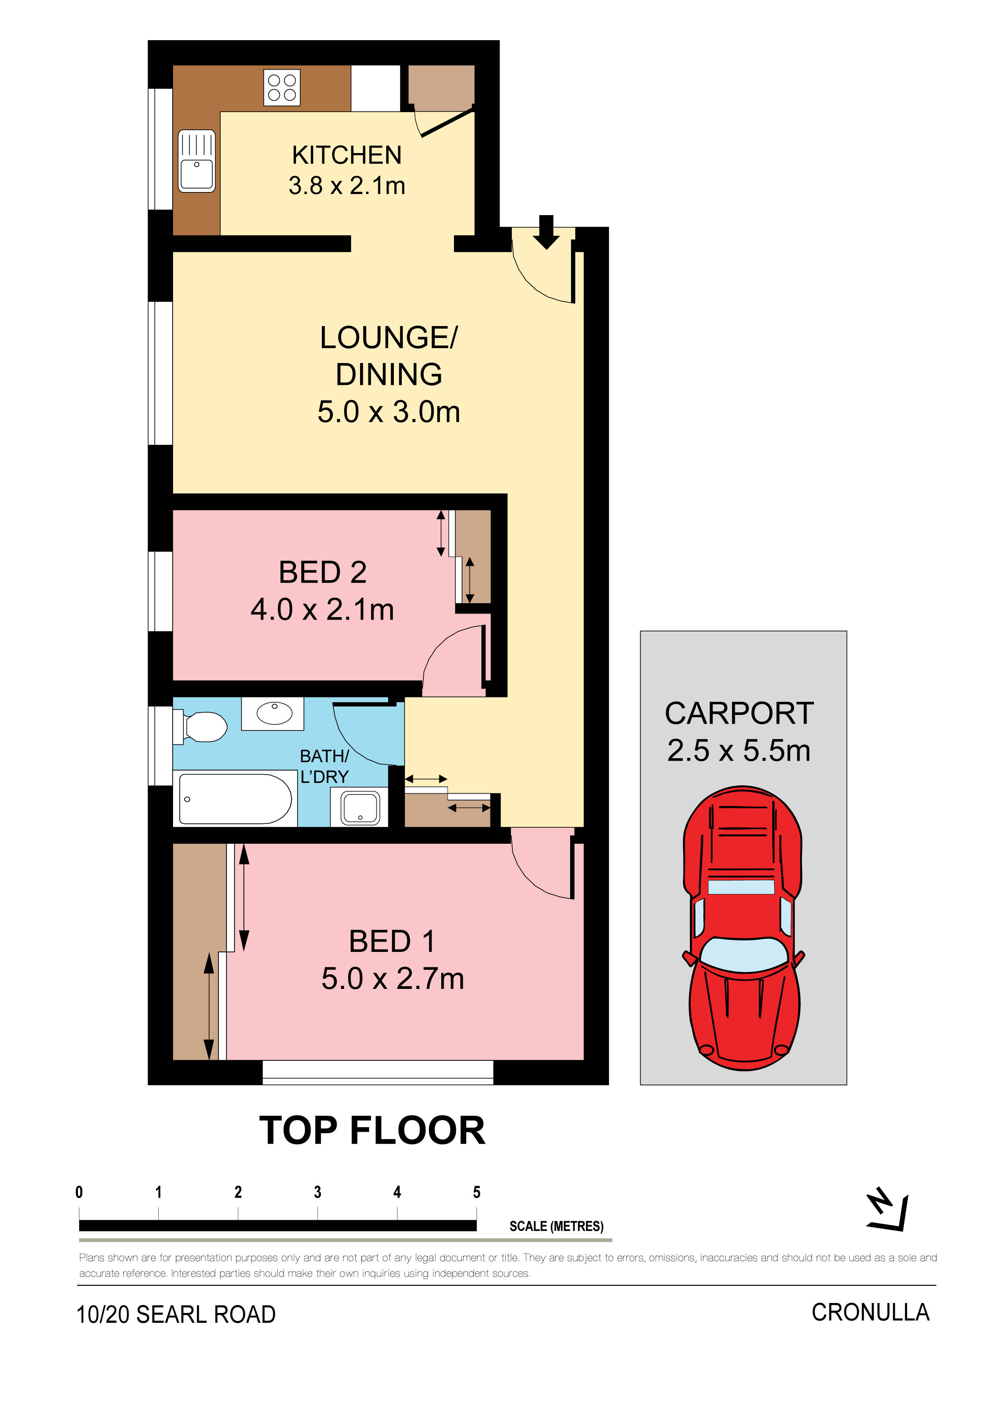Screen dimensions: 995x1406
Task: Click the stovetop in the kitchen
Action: pos(282,87)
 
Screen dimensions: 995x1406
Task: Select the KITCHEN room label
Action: pos(347,155)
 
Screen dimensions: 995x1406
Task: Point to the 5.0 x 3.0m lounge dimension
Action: pos(388,412)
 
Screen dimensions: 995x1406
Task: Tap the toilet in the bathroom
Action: pos(201,726)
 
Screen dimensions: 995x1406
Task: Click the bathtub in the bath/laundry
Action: pos(235,799)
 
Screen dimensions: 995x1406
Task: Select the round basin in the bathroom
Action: pos(273,713)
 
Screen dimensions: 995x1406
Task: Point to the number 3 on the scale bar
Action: pos(317,1192)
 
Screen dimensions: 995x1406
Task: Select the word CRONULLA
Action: pos(870,1312)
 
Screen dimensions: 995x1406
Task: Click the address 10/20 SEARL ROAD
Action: pos(176,1314)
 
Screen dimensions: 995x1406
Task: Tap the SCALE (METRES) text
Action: pos(556,1226)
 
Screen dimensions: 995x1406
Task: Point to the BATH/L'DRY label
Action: pos(324,766)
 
